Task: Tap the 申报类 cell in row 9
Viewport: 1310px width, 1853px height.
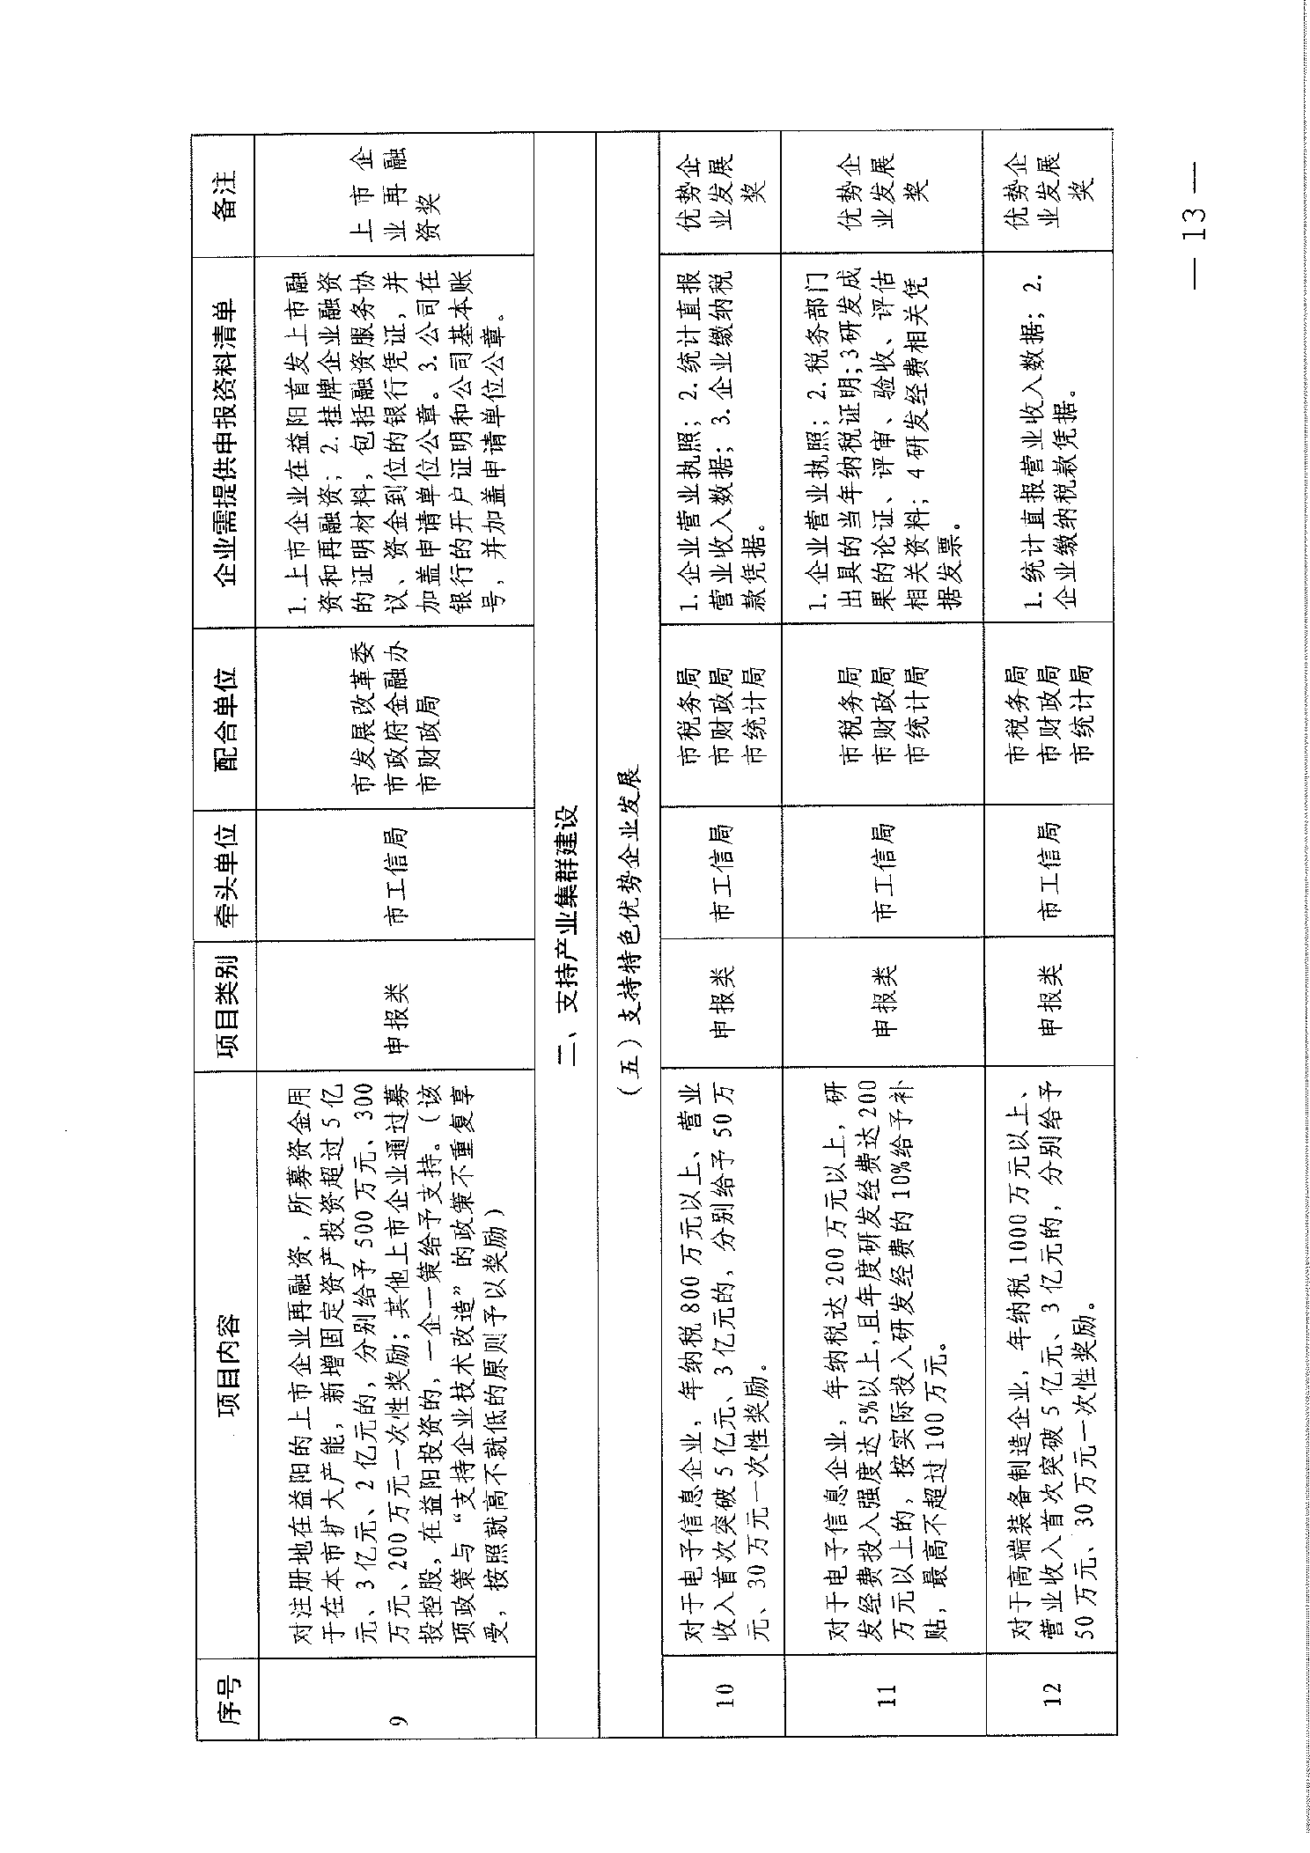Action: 399,1004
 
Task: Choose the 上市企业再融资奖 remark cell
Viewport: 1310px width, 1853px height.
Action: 399,195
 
